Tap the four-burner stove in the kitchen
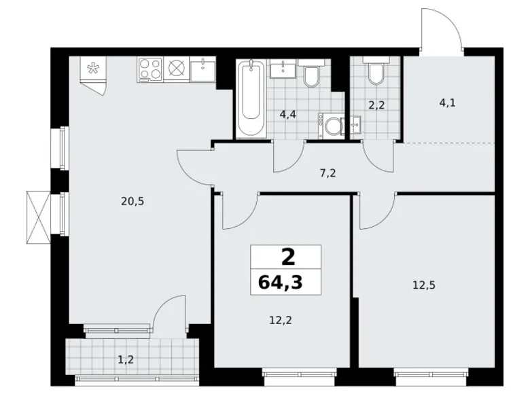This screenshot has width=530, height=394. pyautogui.click(x=150, y=69)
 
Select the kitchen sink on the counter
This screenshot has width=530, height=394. pyautogui.click(x=202, y=69)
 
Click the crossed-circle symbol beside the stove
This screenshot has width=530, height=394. pyautogui.click(x=177, y=69)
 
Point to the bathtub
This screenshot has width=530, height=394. pyautogui.click(x=251, y=98)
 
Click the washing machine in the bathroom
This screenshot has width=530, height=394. pyautogui.click(x=332, y=126)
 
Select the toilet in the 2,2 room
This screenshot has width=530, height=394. pyautogui.click(x=374, y=73)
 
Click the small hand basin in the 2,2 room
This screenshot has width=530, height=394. pyautogui.click(x=355, y=124)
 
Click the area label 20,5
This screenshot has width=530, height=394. pyautogui.click(x=113, y=201)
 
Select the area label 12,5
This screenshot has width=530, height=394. pyautogui.click(x=423, y=285)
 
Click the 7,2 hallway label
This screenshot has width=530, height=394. pyautogui.click(x=328, y=173)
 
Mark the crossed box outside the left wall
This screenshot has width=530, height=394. pyautogui.click(x=37, y=216)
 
